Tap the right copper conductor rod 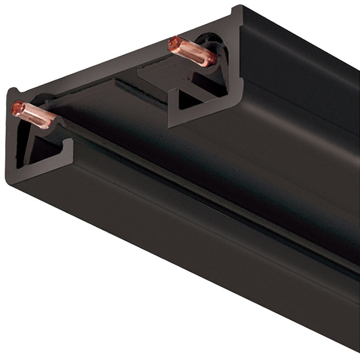coord(192,51)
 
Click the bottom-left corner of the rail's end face coord(9,181)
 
